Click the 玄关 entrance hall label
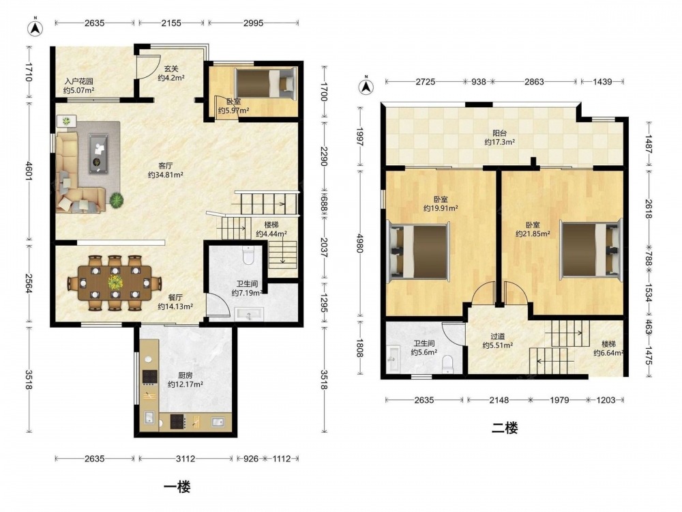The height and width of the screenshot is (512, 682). coord(171,69)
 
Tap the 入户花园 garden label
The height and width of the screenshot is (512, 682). coord(78,81)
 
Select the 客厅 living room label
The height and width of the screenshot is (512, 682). coord(165,166)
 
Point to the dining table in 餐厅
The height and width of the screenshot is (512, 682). coord(115,283)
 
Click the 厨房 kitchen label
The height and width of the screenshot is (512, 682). coord(186,375)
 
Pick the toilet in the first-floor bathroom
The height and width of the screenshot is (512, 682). coord(248,255)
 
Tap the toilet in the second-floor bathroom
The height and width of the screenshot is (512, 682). coord(447,365)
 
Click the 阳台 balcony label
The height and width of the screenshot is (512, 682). coord(500,133)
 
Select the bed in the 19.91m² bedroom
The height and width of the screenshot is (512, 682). coord(419,251)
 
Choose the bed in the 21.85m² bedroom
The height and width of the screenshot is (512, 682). coord(591,248)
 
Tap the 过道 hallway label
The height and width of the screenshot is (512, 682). coord(498,337)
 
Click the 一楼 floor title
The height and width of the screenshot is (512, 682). coord(177,486)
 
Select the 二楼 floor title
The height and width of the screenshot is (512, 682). coord(505,429)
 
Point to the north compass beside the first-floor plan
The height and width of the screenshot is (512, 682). coord(35,28)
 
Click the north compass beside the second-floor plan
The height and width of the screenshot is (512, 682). coord(366,86)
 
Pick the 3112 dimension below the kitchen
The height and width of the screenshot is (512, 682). coord(186,459)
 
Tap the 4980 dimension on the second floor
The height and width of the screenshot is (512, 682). coord(359,244)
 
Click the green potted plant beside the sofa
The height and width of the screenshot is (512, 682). coord(116,200)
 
